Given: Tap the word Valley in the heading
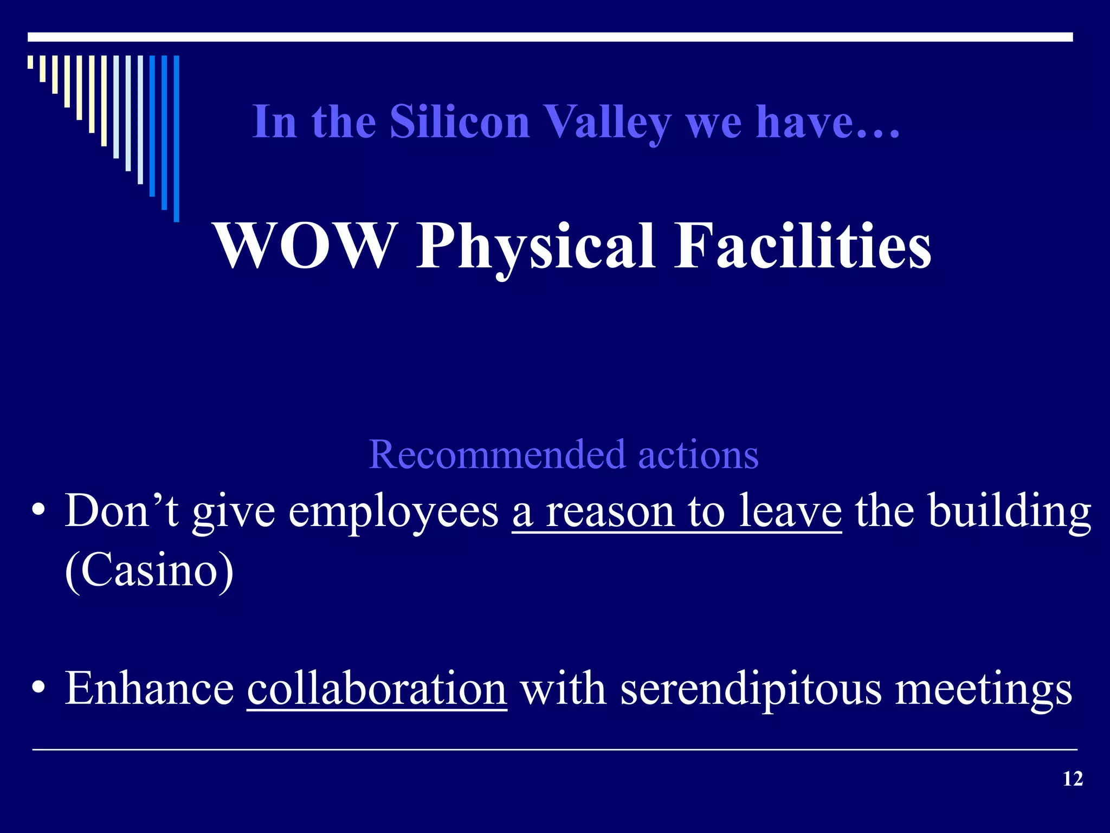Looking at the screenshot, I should tap(607, 123).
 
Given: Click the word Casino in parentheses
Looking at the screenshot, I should tap(149, 571).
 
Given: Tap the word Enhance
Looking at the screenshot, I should tap(149, 688).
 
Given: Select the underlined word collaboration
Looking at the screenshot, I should tap(377, 688).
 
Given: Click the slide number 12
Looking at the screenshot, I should tap(1073, 779).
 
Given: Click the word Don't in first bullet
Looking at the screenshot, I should tap(121, 511).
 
